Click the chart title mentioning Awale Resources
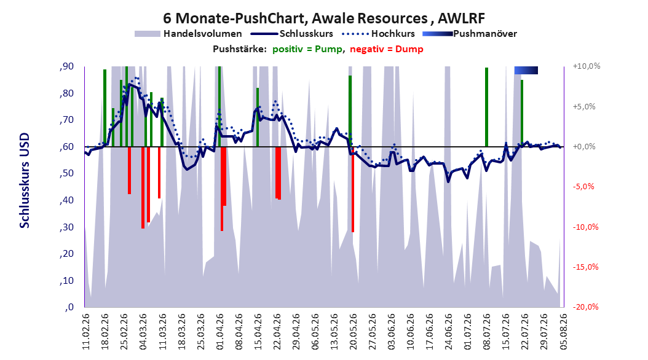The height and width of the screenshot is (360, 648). (x=324, y=18)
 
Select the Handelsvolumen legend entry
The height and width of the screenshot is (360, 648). (x=189, y=34)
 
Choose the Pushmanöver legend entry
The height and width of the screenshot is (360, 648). (x=470, y=34)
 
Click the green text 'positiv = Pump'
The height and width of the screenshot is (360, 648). (x=307, y=49)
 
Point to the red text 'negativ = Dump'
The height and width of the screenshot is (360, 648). (x=387, y=49)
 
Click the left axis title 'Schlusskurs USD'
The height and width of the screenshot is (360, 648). (x=25, y=180)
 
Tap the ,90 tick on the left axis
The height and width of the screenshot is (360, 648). (x=66, y=66)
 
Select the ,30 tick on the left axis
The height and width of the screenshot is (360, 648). (x=66, y=227)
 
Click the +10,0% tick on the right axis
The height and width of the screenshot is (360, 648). (x=587, y=66)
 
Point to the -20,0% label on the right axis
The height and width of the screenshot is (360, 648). (x=585, y=307)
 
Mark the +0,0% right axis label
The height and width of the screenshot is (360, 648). (x=584, y=147)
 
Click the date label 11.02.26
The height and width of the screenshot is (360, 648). (x=86, y=332)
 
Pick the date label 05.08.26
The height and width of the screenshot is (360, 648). (x=563, y=332)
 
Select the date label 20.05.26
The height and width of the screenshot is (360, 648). (x=353, y=332)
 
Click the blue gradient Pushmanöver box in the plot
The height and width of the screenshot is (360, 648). (x=526, y=70)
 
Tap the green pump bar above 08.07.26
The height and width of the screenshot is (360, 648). (x=486, y=107)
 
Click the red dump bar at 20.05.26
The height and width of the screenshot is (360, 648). (x=353, y=189)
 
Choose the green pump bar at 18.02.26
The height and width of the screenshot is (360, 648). (x=105, y=108)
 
